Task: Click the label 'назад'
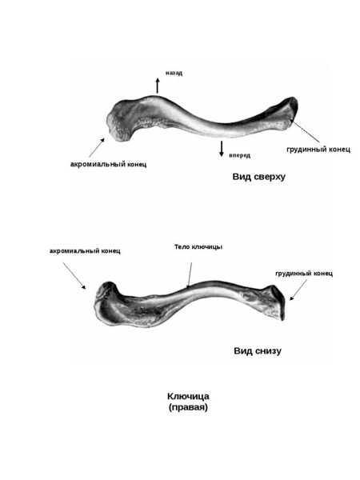click(x=174, y=73)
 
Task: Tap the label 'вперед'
click(x=240, y=155)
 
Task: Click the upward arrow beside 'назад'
click(x=158, y=86)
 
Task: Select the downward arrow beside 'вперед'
click(x=222, y=149)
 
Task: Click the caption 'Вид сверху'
click(x=259, y=177)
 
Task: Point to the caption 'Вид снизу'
click(x=258, y=351)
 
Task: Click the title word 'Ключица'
click(x=188, y=397)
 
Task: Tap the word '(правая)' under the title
click(x=188, y=407)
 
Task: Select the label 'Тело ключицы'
click(x=198, y=246)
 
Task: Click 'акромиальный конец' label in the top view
click(x=108, y=164)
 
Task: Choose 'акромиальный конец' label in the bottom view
click(x=85, y=251)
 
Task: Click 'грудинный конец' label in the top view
click(x=318, y=150)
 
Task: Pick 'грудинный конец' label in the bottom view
click(x=304, y=274)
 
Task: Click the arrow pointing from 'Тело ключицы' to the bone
click(x=190, y=275)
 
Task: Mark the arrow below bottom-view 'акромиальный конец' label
click(x=74, y=275)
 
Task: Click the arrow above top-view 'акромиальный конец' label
click(x=97, y=147)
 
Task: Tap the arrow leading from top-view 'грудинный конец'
click(x=306, y=131)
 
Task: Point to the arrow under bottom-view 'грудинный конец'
click(x=298, y=290)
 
